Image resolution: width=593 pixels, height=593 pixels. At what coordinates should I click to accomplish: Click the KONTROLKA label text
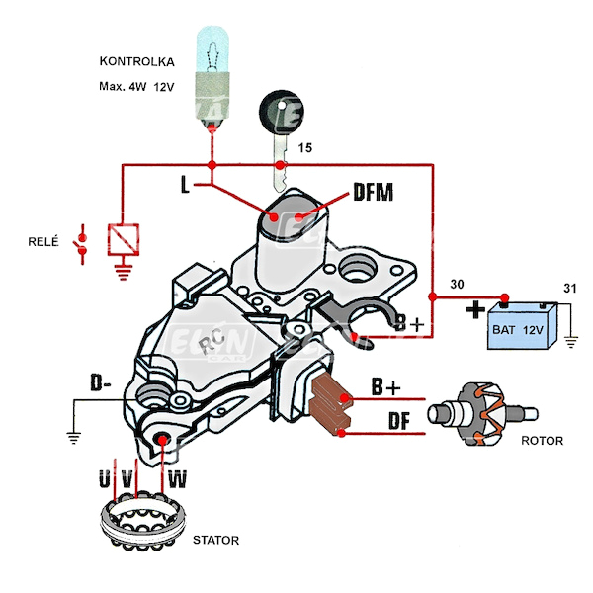click(x=136, y=62)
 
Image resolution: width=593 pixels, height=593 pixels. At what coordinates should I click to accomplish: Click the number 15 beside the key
click(x=305, y=148)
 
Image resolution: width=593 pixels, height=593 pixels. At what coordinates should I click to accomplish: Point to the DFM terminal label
click(x=374, y=194)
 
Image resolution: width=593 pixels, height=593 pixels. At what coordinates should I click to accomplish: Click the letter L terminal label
click(x=186, y=185)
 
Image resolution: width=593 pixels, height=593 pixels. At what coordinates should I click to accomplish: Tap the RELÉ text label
click(x=45, y=241)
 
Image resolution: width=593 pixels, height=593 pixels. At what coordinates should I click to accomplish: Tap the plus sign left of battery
click(x=475, y=310)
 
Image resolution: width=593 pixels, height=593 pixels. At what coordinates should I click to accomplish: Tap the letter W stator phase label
click(x=178, y=481)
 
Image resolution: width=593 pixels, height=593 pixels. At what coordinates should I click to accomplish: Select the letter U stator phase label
click(x=106, y=481)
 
